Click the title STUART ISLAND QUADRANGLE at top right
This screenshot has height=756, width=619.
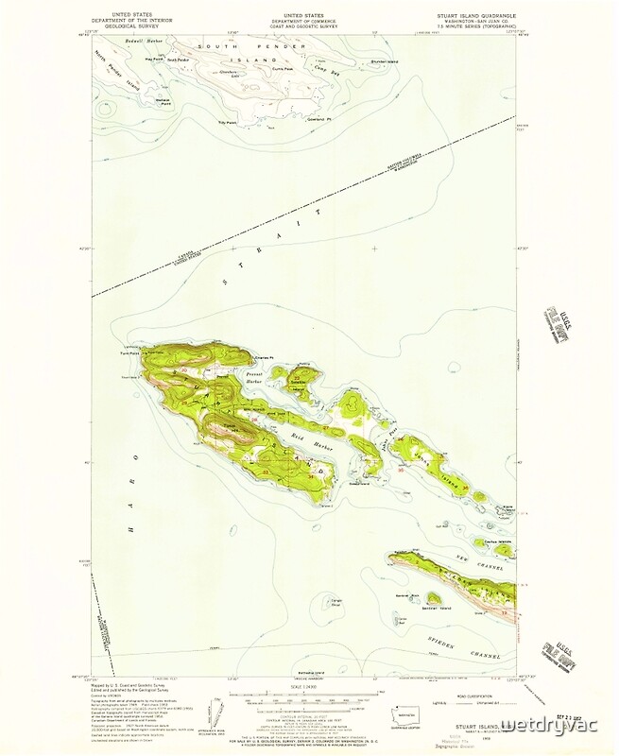[x=478, y=16]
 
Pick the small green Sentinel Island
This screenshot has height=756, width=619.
[x=434, y=598]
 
